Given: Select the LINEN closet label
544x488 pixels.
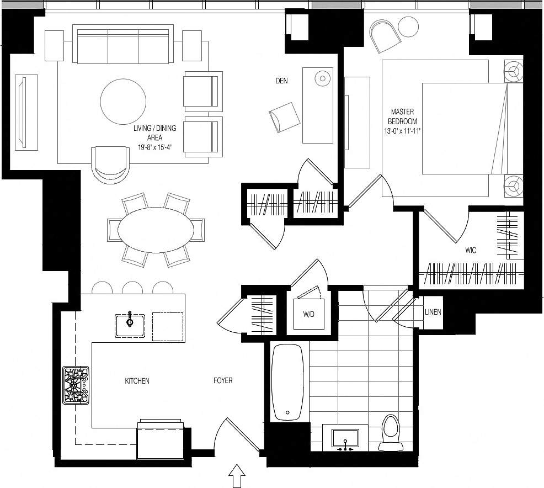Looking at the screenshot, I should pyautogui.click(x=433, y=312).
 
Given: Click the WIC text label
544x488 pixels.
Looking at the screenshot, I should pyautogui.click(x=471, y=250).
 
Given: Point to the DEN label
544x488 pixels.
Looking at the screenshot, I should pyautogui.click(x=281, y=81).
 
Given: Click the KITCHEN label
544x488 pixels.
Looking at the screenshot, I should pyautogui.click(x=137, y=381).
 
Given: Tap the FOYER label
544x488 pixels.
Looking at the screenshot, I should pyautogui.click(x=223, y=381).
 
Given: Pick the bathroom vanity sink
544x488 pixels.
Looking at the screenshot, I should pyautogui.click(x=345, y=438).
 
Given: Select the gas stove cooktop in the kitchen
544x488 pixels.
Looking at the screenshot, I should pyautogui.click(x=76, y=385).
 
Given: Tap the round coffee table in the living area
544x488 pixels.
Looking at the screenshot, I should pyautogui.click(x=123, y=102).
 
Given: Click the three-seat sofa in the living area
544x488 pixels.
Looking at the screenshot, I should pyautogui.click(x=122, y=46).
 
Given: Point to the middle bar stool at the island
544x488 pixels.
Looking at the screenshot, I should pyautogui.click(x=132, y=288).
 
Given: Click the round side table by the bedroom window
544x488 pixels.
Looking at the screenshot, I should pyautogui.click(x=409, y=27).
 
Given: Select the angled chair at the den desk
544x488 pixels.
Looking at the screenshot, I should pyautogui.click(x=285, y=116).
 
